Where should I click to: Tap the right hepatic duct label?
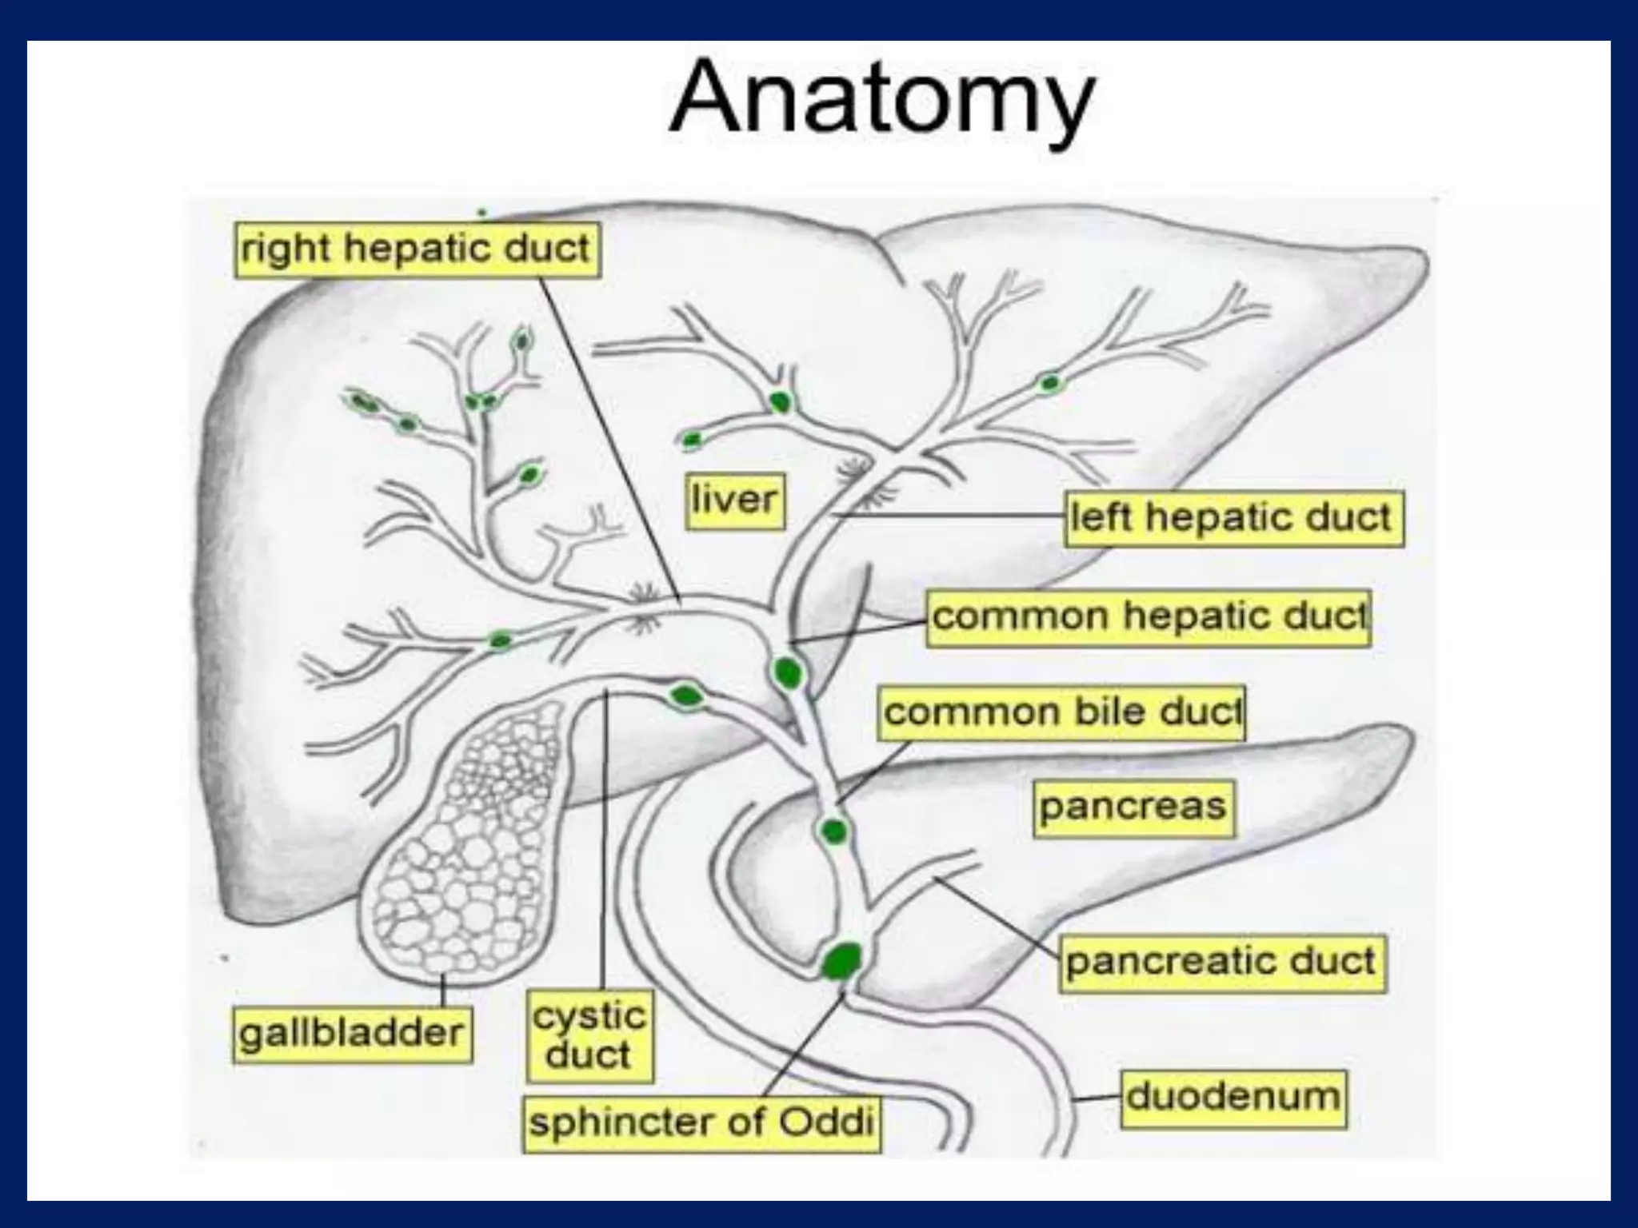click(417, 250)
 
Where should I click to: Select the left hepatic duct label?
click(1233, 518)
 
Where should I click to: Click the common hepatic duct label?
click(1149, 617)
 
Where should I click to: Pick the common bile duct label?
click(1063, 712)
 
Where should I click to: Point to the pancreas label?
click(1133, 807)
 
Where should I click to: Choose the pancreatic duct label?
click(1221, 963)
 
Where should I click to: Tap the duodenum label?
click(1232, 1097)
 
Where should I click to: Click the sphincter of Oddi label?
click(701, 1123)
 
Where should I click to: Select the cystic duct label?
click(589, 1037)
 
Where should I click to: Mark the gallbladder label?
click(352, 1035)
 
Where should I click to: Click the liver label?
click(734, 500)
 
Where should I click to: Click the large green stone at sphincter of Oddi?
click(841, 960)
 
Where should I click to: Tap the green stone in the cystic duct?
click(685, 696)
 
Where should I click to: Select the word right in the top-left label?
click(286, 250)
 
